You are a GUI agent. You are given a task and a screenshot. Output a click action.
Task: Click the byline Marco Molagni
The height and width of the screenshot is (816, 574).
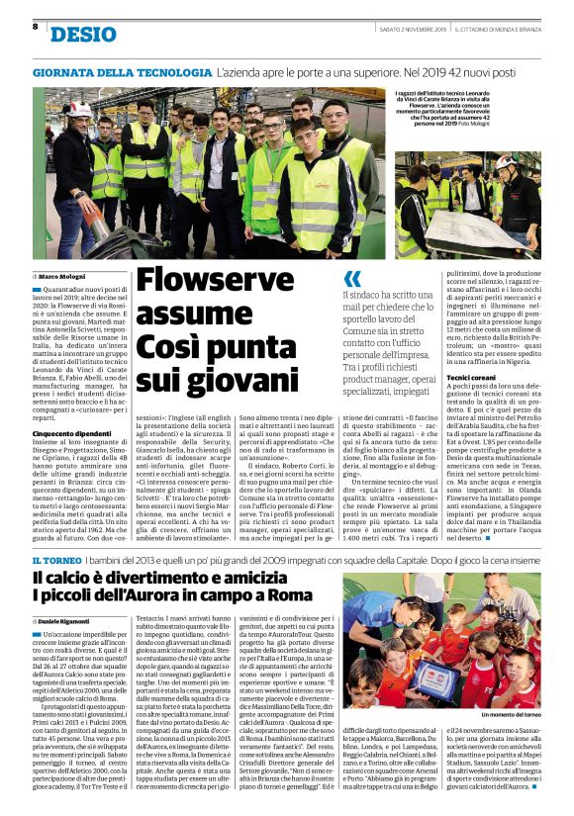pos(64,274)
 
